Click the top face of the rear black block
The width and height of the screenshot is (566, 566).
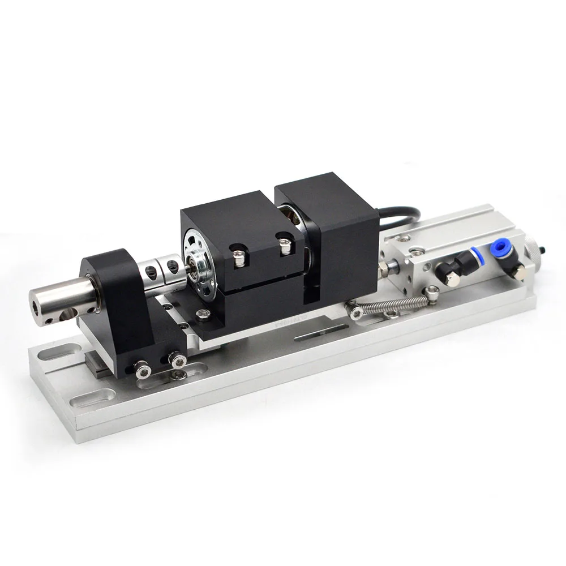[323, 192]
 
